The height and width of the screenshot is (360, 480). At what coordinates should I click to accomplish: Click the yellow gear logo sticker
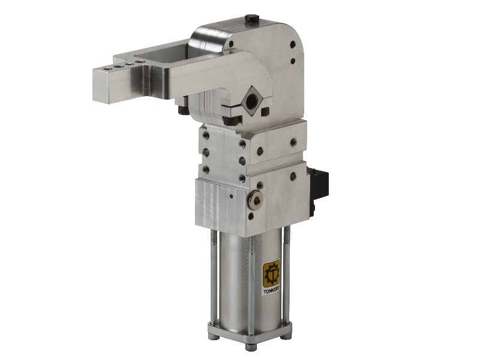point(272,273)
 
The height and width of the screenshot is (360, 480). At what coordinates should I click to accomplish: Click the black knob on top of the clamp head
point(251,18)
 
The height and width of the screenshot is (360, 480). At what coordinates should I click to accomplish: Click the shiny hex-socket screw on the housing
point(256,200)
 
